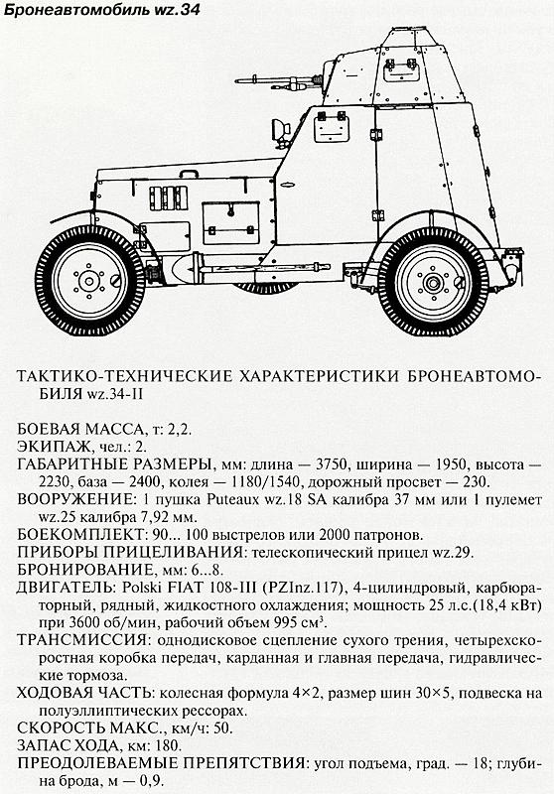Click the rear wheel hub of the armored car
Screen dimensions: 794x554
coord(431,282)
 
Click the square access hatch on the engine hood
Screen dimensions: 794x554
coord(228,216)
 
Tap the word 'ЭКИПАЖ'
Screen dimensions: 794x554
coord(48,446)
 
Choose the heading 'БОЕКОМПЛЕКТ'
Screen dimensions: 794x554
coord(69,535)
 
